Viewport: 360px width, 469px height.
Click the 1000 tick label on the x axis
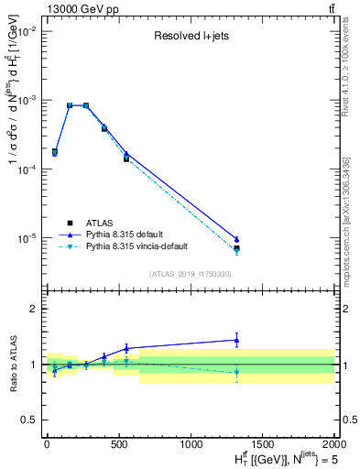click(191, 444)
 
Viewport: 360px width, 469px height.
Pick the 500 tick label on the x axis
click(118, 444)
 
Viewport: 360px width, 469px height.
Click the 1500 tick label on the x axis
click(263, 444)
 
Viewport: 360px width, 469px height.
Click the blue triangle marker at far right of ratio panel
click(236, 340)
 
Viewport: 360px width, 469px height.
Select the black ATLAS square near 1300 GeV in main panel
click(236, 248)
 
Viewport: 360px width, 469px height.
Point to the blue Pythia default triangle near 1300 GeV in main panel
click(236, 239)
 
